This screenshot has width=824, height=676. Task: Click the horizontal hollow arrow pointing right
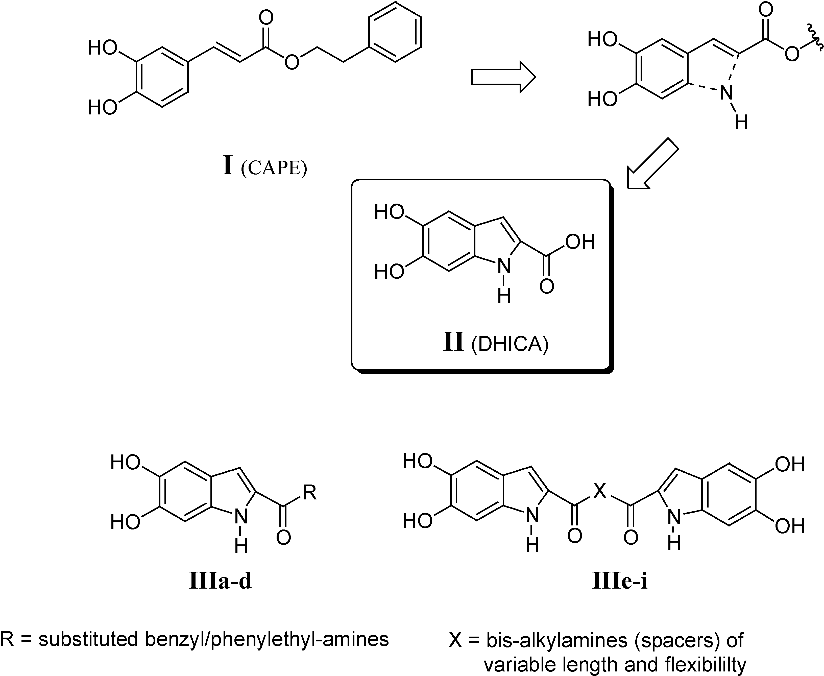503,77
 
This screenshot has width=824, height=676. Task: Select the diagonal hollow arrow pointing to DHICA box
652,163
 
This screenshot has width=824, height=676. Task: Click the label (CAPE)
274,168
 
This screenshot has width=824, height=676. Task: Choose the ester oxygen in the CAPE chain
292,62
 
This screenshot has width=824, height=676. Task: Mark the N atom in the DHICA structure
504,266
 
